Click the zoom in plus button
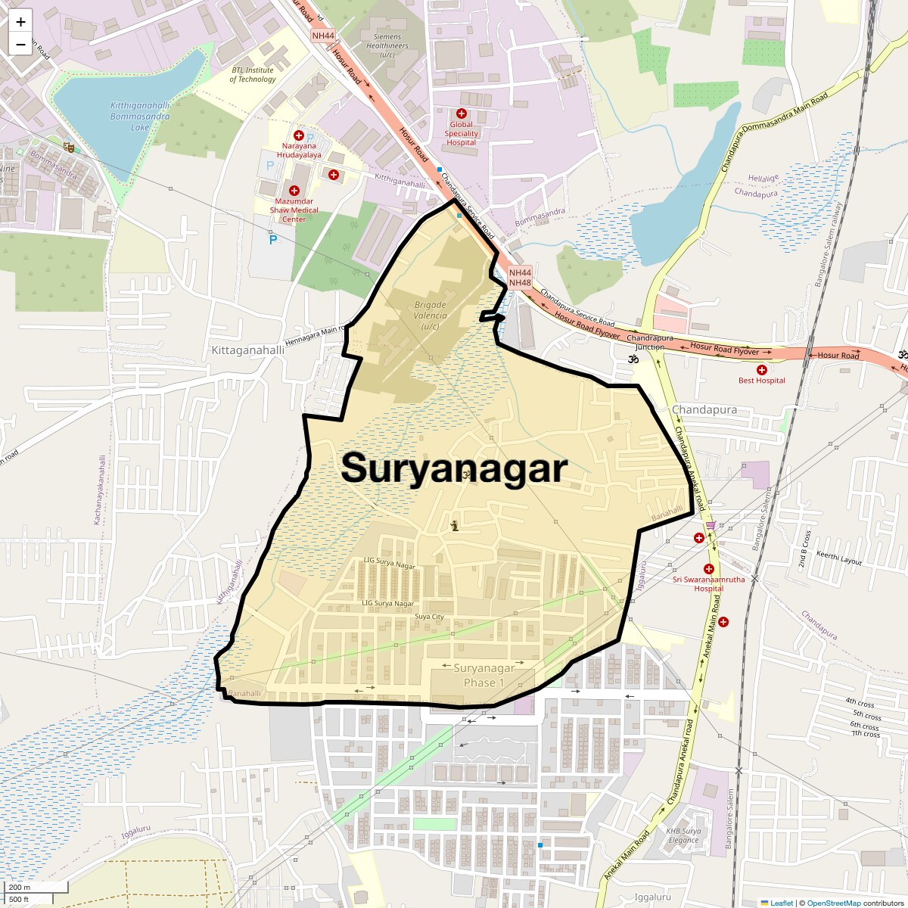tap(20, 22)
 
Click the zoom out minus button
tap(20, 45)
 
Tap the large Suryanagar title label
tap(454, 468)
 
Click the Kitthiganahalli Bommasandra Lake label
tap(140, 117)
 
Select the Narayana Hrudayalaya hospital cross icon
tap(299, 135)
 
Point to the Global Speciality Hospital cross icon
tap(461, 113)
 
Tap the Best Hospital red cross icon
tap(761, 370)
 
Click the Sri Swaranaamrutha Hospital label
tap(709, 584)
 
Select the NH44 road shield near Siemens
tap(322, 36)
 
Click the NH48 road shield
tap(520, 283)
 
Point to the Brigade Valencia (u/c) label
tap(431, 316)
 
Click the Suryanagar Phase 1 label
tap(484, 675)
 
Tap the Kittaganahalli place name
tap(247, 350)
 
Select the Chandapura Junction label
tap(650, 342)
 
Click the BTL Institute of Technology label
tap(253, 74)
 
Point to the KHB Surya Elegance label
tap(683, 835)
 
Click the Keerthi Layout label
tap(839, 558)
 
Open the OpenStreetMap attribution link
tap(833, 903)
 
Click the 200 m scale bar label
tap(20, 887)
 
